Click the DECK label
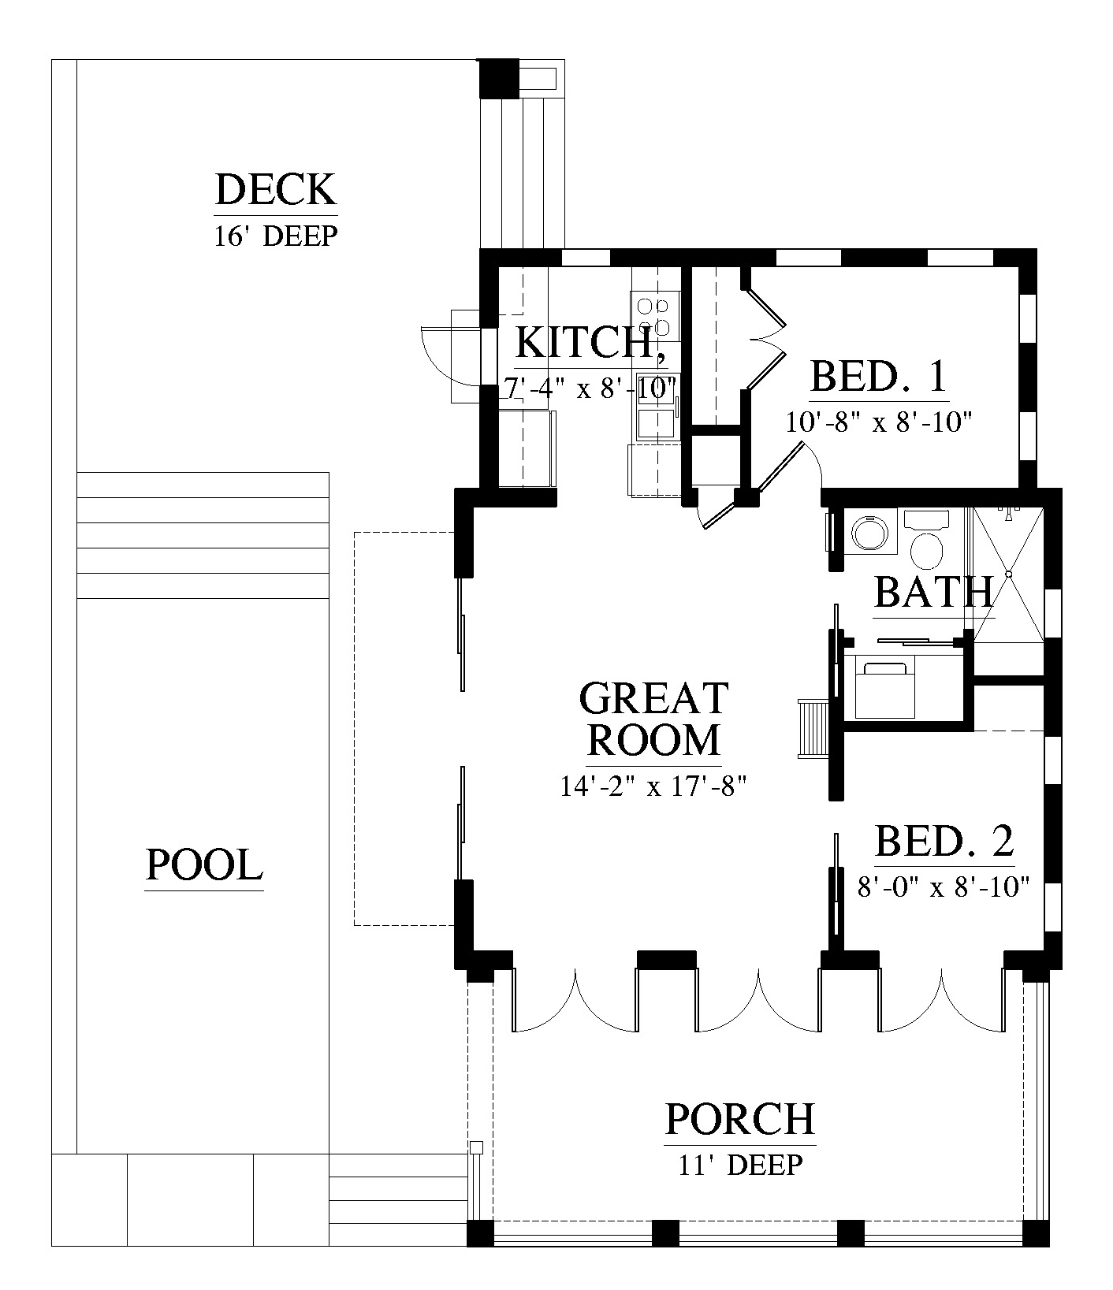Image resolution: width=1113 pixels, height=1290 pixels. coord(276,191)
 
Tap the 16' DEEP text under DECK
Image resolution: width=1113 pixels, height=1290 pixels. coord(276,236)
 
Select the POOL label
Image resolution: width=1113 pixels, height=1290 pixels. coord(204,865)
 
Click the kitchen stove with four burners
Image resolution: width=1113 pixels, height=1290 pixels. coord(655,316)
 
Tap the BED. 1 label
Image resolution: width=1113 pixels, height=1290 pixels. coord(878,377)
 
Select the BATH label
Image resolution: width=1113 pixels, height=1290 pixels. coord(934,593)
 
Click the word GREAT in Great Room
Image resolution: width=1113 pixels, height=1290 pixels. coord(653,699)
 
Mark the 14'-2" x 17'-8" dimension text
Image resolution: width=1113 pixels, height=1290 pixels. coord(653,786)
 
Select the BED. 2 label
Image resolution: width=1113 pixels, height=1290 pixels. coord(944,842)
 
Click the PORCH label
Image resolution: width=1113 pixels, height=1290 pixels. coord(739,1119)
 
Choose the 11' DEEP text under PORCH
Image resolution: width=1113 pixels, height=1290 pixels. coord(740,1164)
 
